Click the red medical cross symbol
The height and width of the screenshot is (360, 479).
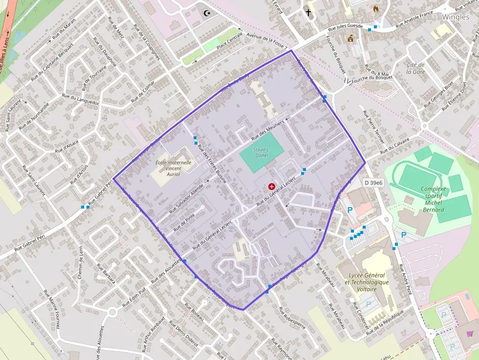pyautogui.click(x=271, y=186)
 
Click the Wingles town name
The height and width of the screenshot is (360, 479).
pyautogui.click(x=455, y=17)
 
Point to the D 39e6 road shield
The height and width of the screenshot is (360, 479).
pyautogui.click(x=373, y=182)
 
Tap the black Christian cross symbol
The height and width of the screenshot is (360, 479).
pyautogui.click(x=308, y=13)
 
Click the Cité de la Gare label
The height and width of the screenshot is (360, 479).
pyautogui.click(x=416, y=68)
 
